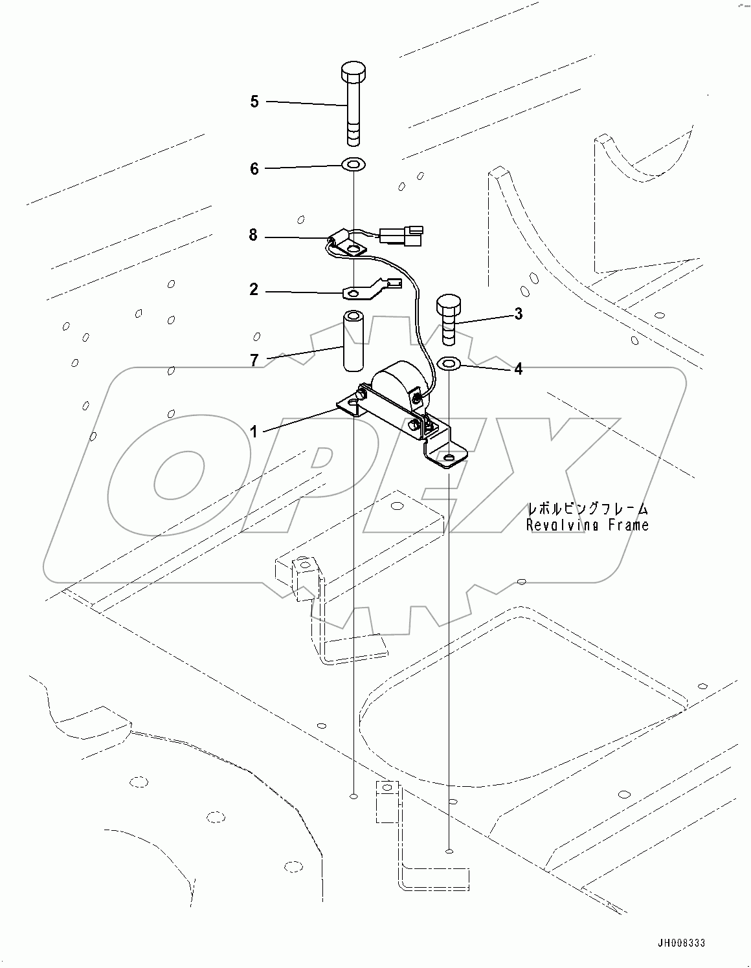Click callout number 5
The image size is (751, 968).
pyautogui.click(x=254, y=102)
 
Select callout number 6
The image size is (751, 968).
pyautogui.click(x=254, y=169)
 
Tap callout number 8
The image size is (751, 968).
pyautogui.click(x=254, y=236)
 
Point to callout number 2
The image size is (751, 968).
pyautogui.click(x=254, y=290)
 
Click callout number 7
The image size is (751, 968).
pyautogui.click(x=254, y=360)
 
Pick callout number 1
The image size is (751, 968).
pyautogui.click(x=254, y=432)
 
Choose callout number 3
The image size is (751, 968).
pyautogui.click(x=519, y=314)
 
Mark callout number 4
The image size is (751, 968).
pyautogui.click(x=519, y=369)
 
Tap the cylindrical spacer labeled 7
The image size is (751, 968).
pyautogui.click(x=353, y=342)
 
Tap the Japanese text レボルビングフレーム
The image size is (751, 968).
pyautogui.click(x=588, y=509)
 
